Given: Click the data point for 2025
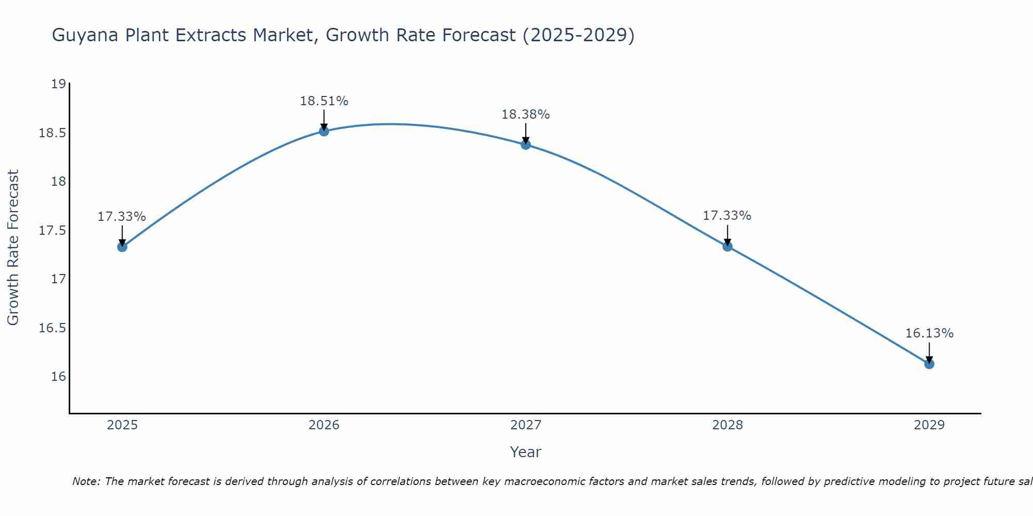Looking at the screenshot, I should tap(122, 247).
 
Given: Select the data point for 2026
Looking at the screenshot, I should tap(324, 131).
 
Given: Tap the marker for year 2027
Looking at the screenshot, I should tap(526, 144).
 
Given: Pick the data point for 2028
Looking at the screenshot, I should tap(727, 247).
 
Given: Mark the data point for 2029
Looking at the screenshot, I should tap(929, 364).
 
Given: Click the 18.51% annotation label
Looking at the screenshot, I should tap(324, 101).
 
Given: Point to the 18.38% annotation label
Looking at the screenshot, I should tap(525, 115).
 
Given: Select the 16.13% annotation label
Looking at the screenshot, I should tap(929, 333).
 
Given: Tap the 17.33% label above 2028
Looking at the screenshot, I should tap(727, 216).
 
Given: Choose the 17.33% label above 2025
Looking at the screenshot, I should tap(121, 217).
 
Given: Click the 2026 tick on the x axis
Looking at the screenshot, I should tap(324, 425).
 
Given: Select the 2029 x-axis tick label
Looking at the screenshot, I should tap(929, 425).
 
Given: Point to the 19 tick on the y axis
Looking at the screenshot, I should tap(59, 84).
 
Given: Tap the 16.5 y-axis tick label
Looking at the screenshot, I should tap(53, 328).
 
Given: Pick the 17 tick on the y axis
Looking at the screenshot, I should tap(59, 279).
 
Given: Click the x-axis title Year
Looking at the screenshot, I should tap(525, 452).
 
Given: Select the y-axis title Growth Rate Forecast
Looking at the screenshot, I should tap(13, 247).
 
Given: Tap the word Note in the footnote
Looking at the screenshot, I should tap(86, 481).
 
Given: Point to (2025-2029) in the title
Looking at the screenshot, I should tap(578, 36).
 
